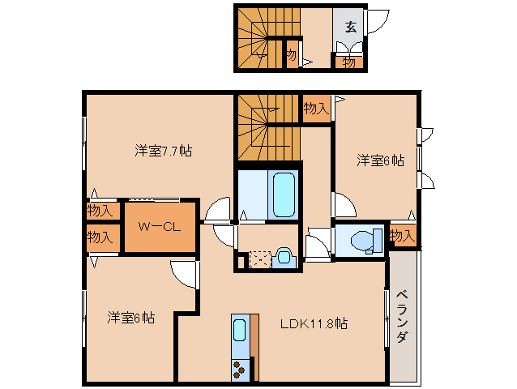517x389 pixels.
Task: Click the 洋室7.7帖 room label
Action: click(163, 151)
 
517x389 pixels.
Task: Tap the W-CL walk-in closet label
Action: click(159, 227)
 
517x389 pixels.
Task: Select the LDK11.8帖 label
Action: click(314, 323)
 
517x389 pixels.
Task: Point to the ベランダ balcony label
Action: click(403, 316)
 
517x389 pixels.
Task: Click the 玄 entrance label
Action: click(350, 26)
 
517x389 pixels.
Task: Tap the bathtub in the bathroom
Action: click(284, 194)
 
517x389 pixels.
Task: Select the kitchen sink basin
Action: click(240, 330)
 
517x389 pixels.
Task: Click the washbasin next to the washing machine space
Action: click(284, 257)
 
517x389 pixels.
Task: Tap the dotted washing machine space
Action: click(260, 259)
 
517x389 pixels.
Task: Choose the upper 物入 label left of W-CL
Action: click(100, 211)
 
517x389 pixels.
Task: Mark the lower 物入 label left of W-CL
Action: click(100, 237)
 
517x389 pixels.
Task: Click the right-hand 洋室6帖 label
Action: click(380, 160)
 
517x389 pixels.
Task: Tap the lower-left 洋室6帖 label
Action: click(130, 318)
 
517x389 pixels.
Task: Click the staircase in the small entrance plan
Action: click(258, 36)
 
